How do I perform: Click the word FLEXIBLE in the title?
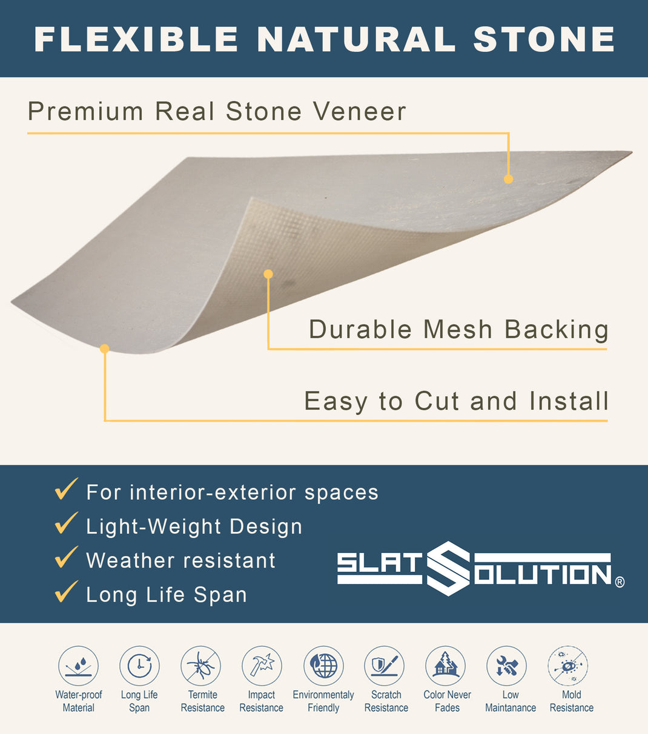coord(137,39)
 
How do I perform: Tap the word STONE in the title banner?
coord(544,39)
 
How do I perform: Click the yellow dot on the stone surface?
coord(508,179)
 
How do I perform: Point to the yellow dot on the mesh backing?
coord(268,274)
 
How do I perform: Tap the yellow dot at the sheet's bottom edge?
coord(105,349)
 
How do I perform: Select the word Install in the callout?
coord(569,401)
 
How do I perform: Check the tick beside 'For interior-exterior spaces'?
coord(66,489)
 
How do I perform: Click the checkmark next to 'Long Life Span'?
coord(66,592)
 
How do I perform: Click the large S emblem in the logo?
coord(448,568)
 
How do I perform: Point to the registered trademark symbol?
coord(620,582)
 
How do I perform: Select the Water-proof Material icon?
coord(78,666)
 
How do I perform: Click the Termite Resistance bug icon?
coord(200,666)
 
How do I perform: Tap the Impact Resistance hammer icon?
coord(262,666)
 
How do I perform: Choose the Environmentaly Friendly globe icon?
coord(323,666)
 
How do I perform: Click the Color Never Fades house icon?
coord(446,666)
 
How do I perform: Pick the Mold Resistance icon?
coord(568,666)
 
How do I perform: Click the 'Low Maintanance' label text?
coord(511,701)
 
